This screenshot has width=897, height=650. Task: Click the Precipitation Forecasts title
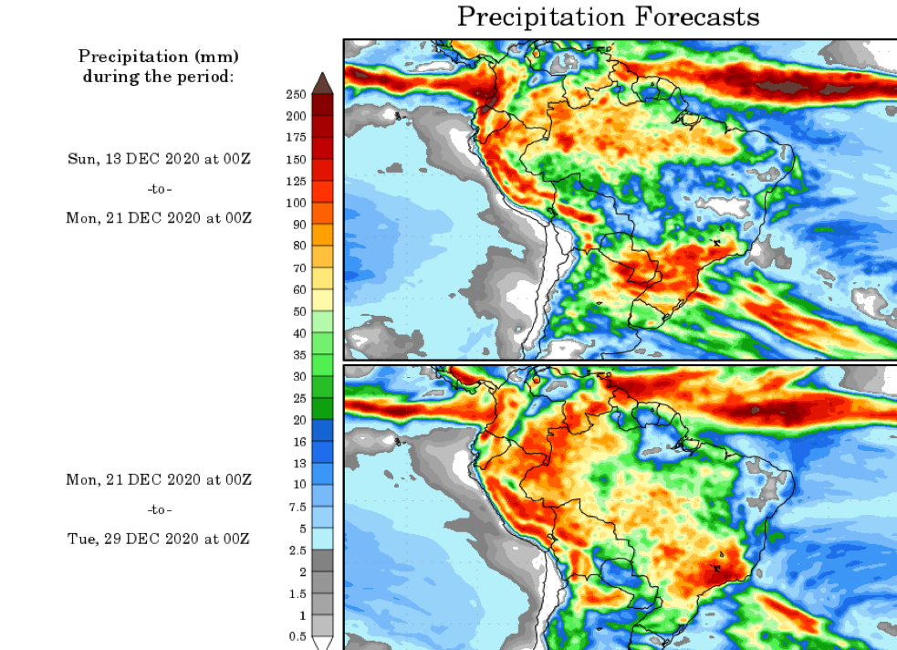[608, 16]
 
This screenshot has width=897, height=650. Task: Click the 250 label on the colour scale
[295, 95]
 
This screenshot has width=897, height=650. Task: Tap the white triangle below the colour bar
[322, 643]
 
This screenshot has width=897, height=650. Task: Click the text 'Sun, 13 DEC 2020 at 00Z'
[159, 159]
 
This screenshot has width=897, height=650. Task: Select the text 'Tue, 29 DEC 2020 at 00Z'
[159, 539]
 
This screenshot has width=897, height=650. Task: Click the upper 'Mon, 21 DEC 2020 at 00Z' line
[159, 218]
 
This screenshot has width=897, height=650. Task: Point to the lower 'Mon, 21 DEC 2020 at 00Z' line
[159, 479]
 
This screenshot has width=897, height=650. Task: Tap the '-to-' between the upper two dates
[159, 189]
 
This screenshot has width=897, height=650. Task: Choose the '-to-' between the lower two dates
[159, 509]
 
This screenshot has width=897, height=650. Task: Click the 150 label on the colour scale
[295, 159]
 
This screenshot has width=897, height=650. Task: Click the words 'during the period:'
[159, 76]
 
